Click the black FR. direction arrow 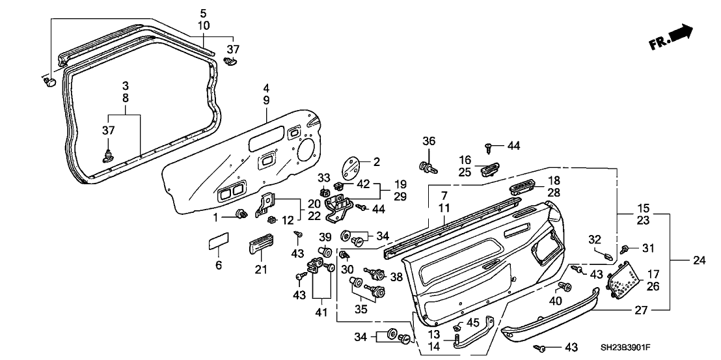click(683, 34)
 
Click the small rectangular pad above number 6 click(218, 244)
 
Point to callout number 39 click(325, 236)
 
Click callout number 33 click(324, 176)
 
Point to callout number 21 click(260, 270)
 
